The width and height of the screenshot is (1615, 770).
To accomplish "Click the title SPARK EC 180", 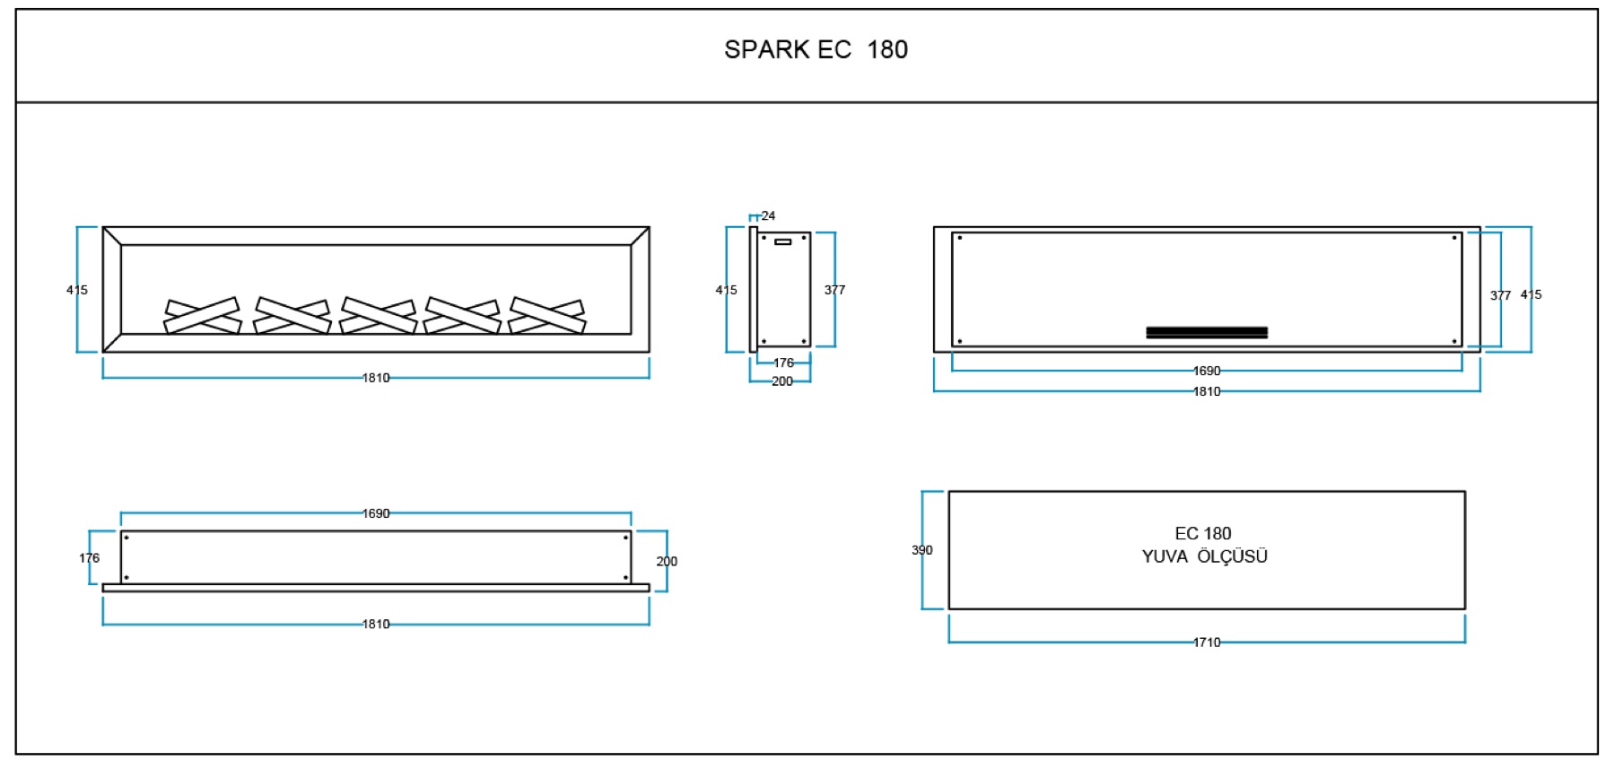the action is (816, 49).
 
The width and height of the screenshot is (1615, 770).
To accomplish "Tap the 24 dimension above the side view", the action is (768, 215).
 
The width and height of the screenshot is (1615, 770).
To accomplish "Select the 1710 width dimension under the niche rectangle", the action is (1207, 643).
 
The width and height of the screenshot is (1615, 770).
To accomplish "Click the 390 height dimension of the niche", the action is (922, 550).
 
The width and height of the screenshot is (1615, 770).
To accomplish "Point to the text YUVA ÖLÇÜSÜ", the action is (1204, 556).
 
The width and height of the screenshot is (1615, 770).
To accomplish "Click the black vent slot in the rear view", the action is (1207, 332).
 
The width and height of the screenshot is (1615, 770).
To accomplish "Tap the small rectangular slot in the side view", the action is (783, 241).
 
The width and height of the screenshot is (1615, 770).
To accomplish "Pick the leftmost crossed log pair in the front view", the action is (202, 316).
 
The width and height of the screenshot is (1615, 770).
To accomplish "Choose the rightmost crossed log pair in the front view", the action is (547, 316).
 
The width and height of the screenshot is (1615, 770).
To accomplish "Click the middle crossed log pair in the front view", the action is (378, 316).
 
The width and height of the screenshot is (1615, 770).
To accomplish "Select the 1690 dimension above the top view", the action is (376, 513).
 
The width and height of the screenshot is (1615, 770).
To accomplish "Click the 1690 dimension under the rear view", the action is (1207, 371).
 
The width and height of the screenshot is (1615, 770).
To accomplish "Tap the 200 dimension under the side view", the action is (782, 381).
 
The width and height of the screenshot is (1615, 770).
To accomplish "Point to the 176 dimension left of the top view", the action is (89, 558).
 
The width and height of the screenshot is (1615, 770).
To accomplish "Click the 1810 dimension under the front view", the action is (376, 378).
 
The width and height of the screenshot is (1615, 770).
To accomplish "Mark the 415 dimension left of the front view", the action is (77, 290).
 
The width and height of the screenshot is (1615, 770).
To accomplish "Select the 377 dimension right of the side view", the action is (834, 290).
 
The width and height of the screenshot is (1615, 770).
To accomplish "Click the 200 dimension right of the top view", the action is (667, 562).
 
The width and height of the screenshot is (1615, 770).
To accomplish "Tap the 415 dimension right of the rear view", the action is (1531, 294).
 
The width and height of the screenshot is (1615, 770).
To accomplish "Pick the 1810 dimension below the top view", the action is (376, 624).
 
